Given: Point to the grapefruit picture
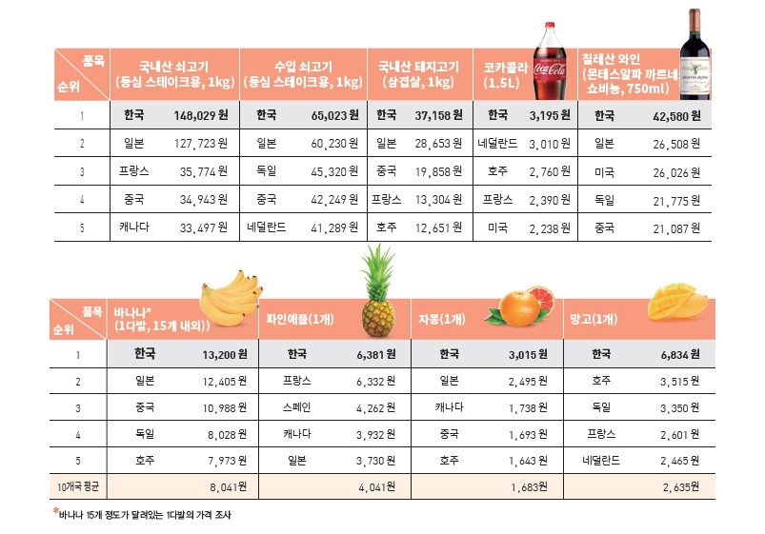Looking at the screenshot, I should tap(519, 305).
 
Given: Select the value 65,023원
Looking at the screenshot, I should tap(333, 116).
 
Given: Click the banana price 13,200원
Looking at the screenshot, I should tap(225, 353).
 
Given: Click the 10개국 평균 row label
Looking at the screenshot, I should tap(75, 485).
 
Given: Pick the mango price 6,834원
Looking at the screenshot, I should tap(679, 353).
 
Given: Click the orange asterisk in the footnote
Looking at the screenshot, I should tap(55, 512).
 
